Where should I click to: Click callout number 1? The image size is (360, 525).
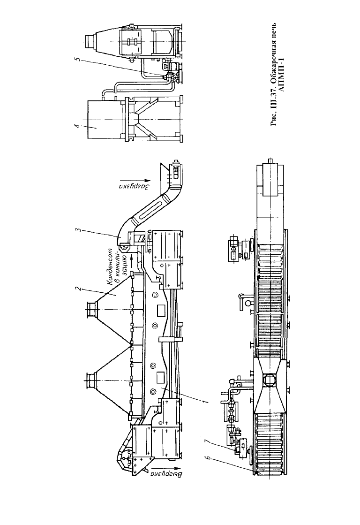[x=206, y=401]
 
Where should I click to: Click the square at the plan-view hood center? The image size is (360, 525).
[x=270, y=380]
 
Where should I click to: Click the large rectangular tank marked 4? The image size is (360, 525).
[x=104, y=119]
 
